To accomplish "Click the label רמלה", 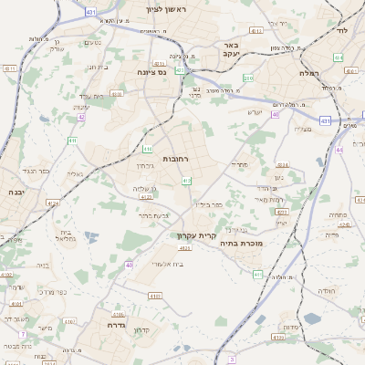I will [308, 72].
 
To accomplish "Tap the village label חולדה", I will [324, 291].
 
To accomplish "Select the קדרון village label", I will [141, 330].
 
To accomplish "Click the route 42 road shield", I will [81, 117].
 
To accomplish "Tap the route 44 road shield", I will [339, 148].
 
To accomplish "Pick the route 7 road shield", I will [23, 334].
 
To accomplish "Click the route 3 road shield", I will [232, 360].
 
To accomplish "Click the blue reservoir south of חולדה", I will [312, 318].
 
